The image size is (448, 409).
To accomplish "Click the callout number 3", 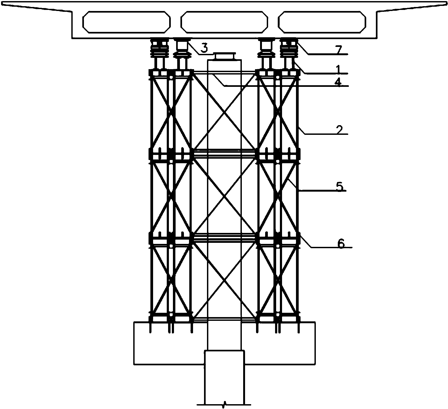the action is [x=204, y=48].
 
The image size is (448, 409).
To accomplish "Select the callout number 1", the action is [x=338, y=69].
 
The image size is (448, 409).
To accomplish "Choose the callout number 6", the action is [x=341, y=244].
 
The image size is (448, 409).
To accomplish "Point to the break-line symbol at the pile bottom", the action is [x=225, y=404].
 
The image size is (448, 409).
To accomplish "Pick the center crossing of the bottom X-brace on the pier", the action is [x=224, y=279].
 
